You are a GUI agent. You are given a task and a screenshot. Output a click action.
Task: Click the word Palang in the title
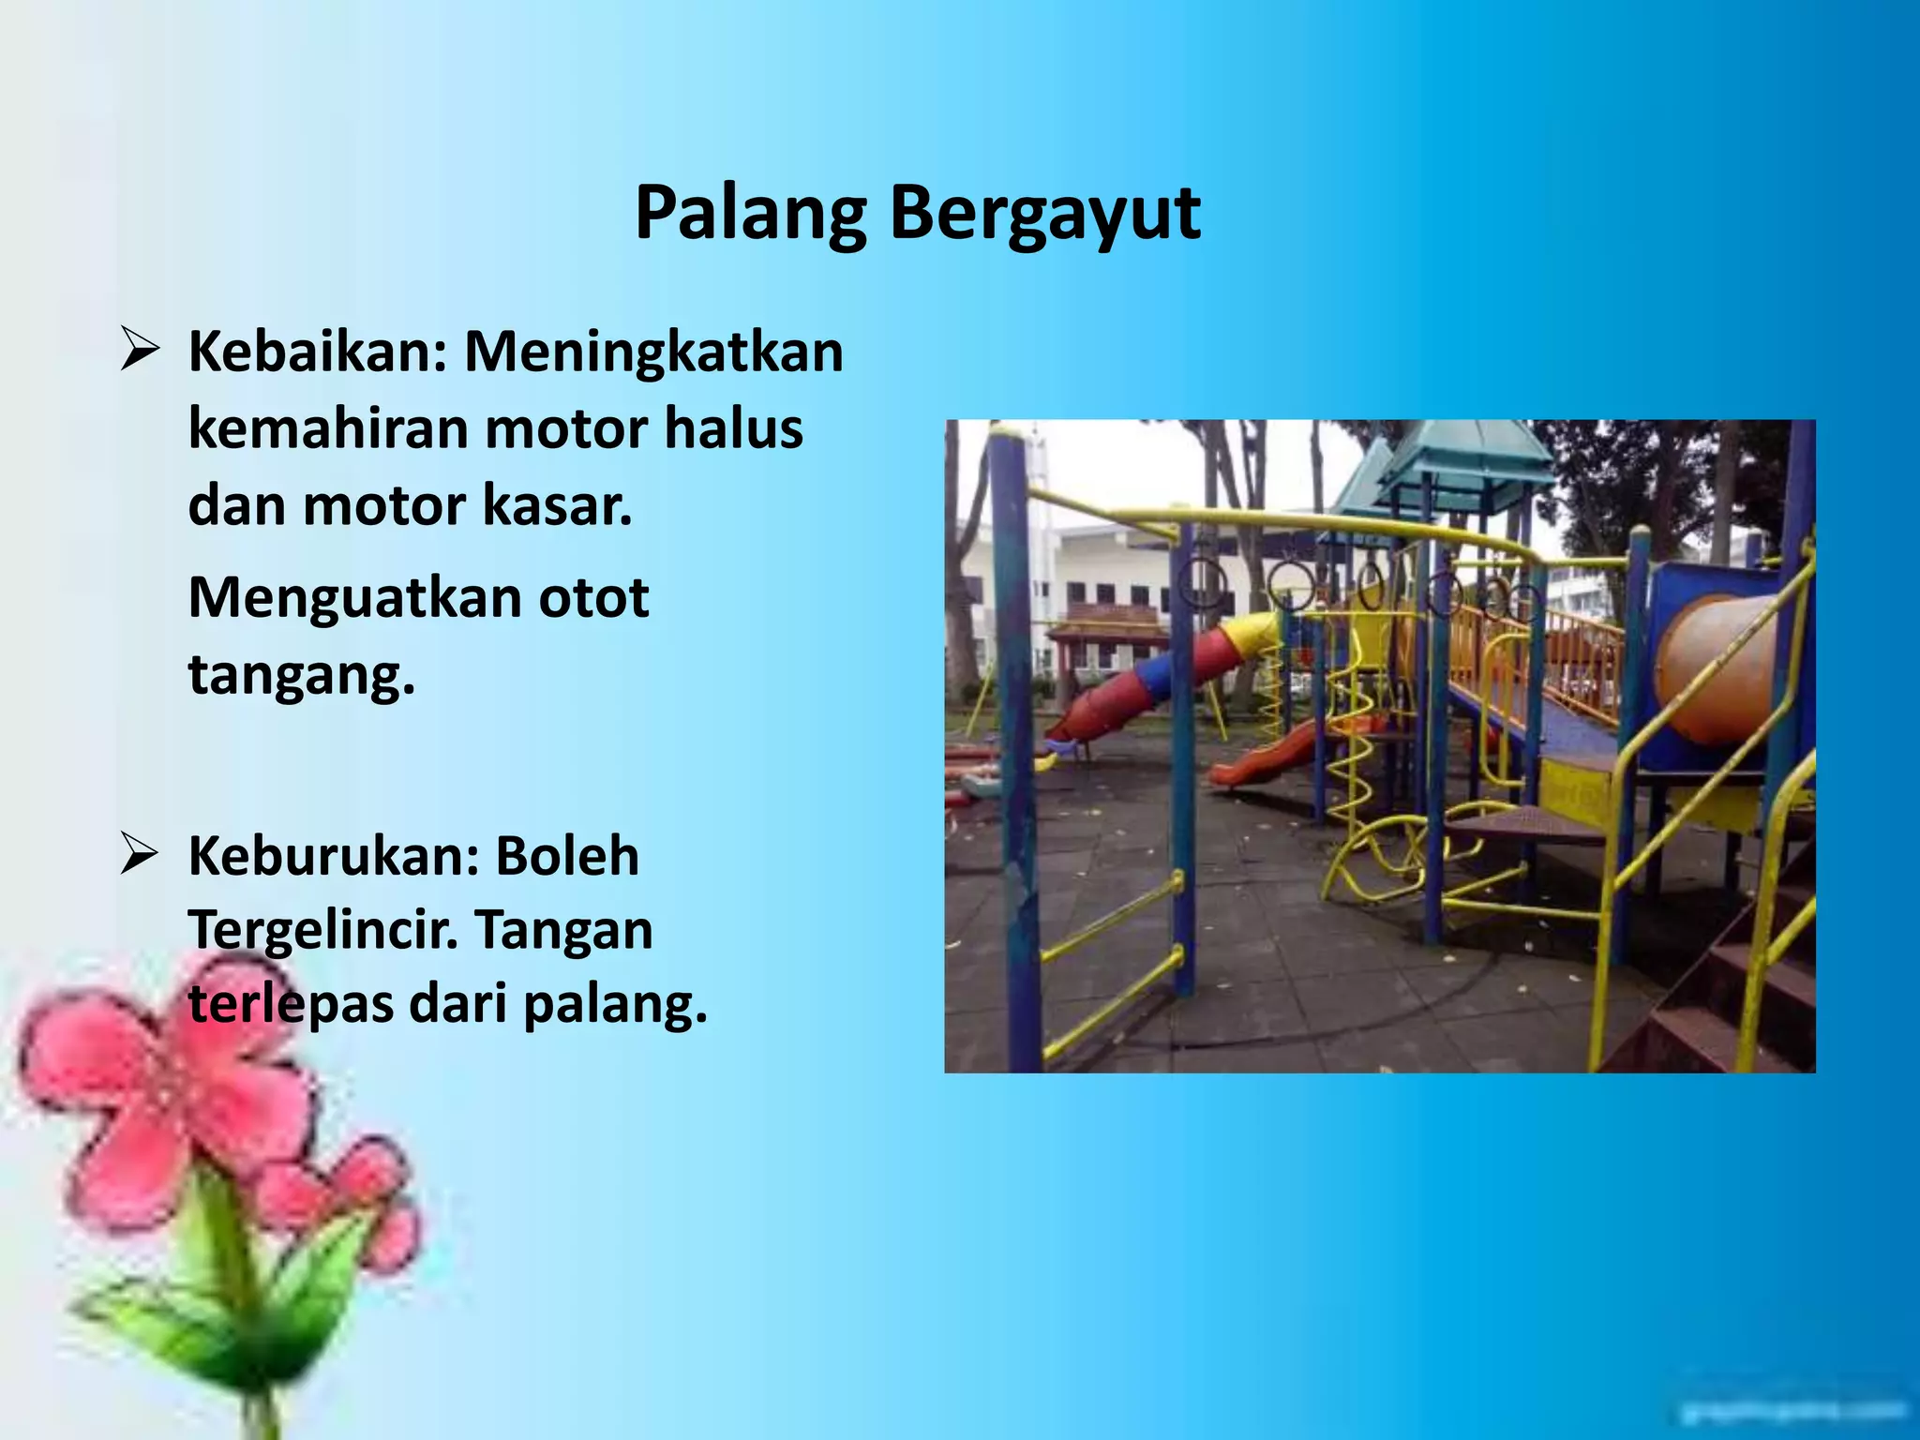coord(750,214)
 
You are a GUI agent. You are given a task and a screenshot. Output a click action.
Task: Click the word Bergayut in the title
coord(1044,214)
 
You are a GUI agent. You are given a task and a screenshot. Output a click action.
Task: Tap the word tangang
coord(301,675)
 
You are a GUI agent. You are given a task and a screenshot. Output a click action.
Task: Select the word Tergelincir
coord(328,930)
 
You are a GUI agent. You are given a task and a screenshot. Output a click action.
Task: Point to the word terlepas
coord(290,1005)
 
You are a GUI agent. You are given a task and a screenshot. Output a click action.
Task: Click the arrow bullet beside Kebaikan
coord(139,352)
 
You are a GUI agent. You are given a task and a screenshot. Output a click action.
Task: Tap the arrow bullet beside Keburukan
coord(139,856)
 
